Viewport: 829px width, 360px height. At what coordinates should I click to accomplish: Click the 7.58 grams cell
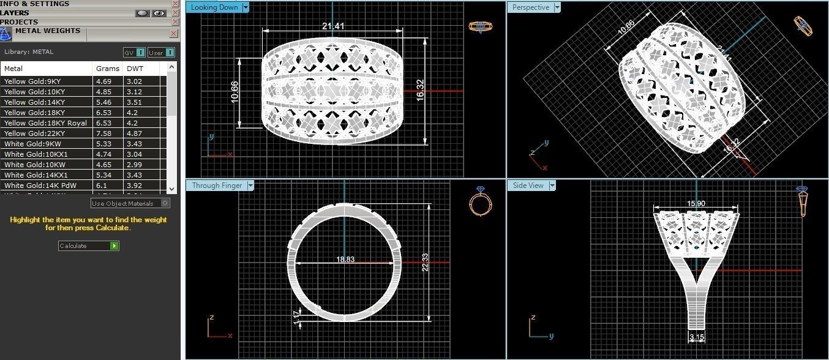click(102, 133)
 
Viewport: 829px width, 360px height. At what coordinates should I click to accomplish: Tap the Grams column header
click(107, 69)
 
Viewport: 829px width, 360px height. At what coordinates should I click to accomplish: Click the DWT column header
click(135, 69)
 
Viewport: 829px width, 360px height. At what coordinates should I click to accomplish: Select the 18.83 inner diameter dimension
click(345, 260)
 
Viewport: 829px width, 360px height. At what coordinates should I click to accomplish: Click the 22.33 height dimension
click(425, 263)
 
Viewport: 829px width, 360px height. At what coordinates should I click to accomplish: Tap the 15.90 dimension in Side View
click(696, 204)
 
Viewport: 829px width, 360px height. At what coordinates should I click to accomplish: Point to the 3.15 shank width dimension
click(696, 337)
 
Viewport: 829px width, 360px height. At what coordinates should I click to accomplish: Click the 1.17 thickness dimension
click(297, 315)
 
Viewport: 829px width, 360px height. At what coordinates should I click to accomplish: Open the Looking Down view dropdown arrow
click(246, 7)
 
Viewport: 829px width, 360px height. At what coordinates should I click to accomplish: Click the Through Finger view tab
click(217, 186)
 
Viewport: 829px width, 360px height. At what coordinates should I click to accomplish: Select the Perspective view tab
click(530, 7)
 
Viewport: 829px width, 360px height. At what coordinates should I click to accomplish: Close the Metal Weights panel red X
click(174, 34)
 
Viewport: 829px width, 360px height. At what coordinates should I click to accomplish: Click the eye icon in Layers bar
click(159, 13)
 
